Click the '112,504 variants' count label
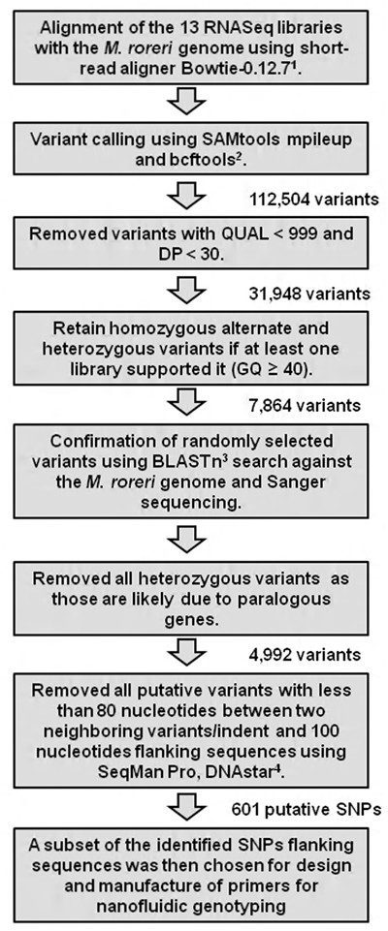pos(321,198)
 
